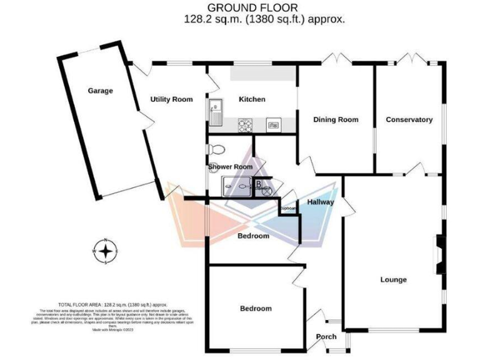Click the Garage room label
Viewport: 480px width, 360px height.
[100, 91]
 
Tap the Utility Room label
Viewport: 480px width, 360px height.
[171, 99]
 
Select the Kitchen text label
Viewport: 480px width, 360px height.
[252, 99]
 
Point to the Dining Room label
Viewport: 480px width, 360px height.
[336, 119]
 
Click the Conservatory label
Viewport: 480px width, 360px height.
[409, 119]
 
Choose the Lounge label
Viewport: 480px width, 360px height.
[393, 279]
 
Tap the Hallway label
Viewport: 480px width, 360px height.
[320, 202]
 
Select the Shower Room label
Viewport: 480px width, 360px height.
[231, 167]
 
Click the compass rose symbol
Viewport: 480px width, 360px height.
[107, 251]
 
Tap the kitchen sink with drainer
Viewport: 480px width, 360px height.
[216, 112]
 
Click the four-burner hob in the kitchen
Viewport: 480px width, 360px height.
[245, 125]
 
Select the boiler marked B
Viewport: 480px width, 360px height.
[258, 183]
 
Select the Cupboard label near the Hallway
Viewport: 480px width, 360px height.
[287, 208]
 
